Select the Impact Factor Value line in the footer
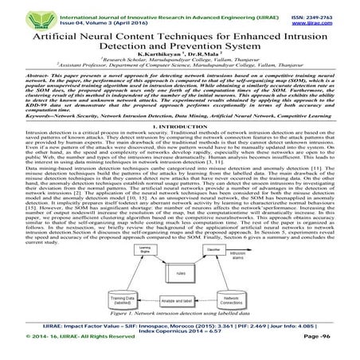coord(179,328)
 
